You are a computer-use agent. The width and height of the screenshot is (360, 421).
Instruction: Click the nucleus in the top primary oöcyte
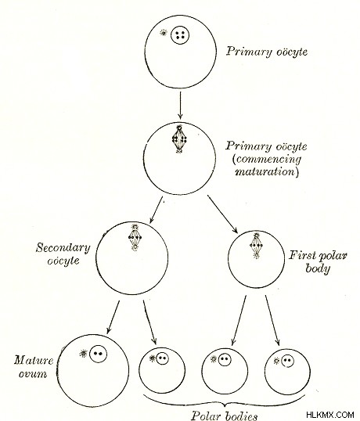click(x=180, y=35)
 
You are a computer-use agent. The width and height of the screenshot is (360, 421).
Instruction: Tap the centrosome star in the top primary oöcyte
click(x=163, y=33)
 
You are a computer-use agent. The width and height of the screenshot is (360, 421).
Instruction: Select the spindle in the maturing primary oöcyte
click(x=179, y=139)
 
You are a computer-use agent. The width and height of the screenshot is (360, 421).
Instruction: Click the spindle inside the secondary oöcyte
click(x=135, y=237)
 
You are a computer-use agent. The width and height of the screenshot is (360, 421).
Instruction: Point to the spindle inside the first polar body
click(x=257, y=245)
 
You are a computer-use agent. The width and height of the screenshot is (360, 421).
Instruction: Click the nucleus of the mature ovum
click(x=98, y=354)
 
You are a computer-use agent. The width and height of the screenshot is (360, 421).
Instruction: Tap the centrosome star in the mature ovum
click(x=84, y=354)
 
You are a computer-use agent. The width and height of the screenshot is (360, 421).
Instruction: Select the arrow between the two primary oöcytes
click(x=181, y=105)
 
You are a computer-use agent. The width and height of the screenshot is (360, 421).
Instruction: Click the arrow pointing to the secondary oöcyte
click(x=157, y=210)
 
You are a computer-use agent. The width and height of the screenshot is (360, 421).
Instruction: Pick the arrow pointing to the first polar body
click(x=222, y=214)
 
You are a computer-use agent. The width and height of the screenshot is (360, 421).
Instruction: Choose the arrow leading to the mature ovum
click(x=113, y=317)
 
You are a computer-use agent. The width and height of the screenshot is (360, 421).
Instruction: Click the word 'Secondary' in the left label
click(x=63, y=248)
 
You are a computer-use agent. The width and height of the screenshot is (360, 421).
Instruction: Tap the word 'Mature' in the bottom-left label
click(x=34, y=360)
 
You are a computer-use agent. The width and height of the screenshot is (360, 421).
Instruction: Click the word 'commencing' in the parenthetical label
click(x=266, y=160)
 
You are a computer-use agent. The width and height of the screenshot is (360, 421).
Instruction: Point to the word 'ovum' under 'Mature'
click(x=33, y=374)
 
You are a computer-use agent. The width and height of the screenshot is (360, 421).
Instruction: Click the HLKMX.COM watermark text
click(x=330, y=414)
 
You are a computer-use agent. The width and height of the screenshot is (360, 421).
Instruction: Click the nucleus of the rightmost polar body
click(x=287, y=360)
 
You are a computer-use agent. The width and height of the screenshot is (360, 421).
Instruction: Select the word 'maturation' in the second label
click(x=267, y=171)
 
